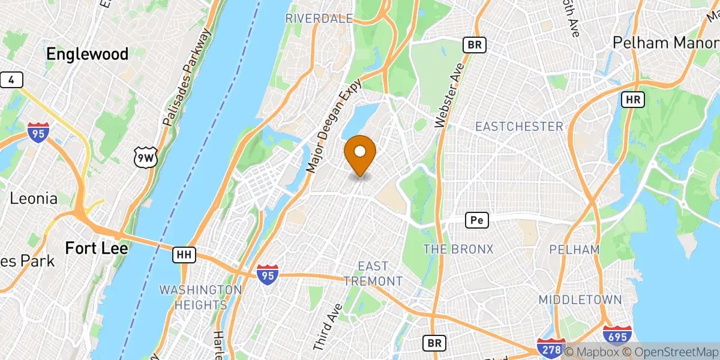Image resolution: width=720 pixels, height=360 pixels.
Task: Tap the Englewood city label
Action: pos(88,54)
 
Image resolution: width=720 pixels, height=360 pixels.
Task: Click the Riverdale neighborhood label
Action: pos(319,19)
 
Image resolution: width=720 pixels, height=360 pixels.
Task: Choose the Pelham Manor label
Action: pos(665,43)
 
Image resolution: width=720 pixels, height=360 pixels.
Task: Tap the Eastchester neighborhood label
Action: pos(519,127)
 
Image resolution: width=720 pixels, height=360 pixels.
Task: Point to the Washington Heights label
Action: pos(200,297)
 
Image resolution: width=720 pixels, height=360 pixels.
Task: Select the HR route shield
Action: pos(633,100)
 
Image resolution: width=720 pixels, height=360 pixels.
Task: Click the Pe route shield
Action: pos(477,221)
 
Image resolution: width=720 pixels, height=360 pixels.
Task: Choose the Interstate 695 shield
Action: pos(616,337)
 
